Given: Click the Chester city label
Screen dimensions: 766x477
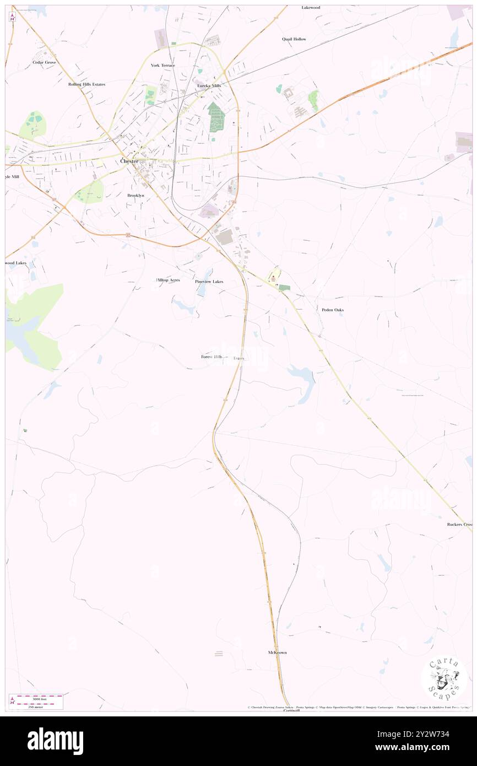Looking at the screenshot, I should tap(129, 161).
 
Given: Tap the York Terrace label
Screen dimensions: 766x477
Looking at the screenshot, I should tap(163, 66).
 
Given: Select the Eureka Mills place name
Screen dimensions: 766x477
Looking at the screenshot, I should tap(209, 86).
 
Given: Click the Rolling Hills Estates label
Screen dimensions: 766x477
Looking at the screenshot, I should tap(86, 84).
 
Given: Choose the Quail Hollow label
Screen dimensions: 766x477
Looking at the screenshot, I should tap(294, 39).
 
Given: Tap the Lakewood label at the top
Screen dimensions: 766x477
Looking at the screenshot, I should tap(311, 8).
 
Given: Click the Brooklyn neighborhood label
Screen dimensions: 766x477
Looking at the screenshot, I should tap(135, 196).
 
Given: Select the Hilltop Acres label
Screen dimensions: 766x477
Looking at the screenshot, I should tap(168, 280).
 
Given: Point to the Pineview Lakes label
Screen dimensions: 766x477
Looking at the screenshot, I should tap(209, 282).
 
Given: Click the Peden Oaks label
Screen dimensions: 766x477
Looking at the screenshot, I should tap(333, 310).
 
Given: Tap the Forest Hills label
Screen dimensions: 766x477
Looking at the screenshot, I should tap(212, 357).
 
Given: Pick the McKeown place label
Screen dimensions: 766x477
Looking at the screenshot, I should tap(277, 652).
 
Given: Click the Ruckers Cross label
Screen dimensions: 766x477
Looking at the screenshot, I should tap(460, 524).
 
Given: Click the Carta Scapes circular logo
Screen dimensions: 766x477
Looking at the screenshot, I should tap(444, 678).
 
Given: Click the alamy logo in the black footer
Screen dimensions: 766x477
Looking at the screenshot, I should tap(55, 741).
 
